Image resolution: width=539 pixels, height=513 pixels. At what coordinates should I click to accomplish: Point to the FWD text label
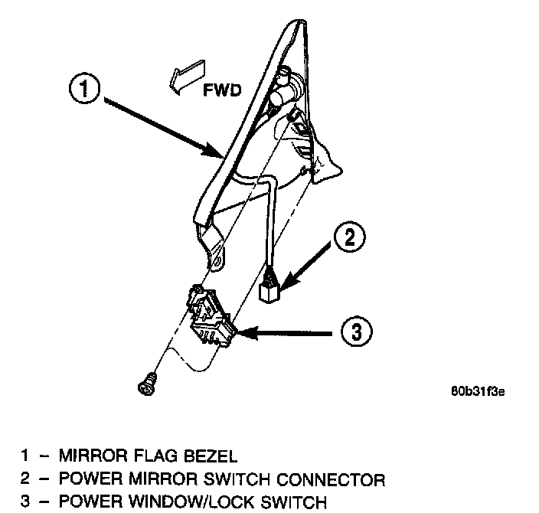tap(224, 90)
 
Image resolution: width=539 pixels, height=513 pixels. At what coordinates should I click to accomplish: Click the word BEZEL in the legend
tap(211, 456)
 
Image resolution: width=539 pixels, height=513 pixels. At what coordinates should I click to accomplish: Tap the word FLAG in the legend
tap(160, 456)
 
